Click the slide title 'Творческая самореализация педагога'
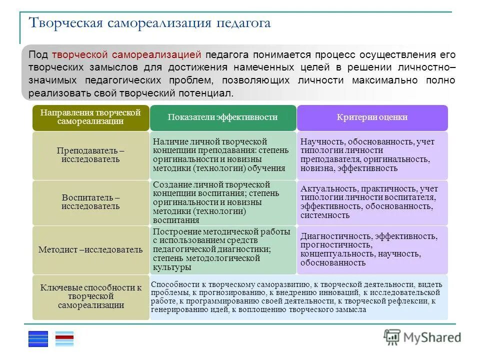(150, 23)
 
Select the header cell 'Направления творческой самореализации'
(90, 117)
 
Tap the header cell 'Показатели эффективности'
(222, 117)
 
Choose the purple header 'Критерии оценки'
(372, 117)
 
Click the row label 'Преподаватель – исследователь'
(90, 155)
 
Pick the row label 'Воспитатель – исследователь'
(90, 202)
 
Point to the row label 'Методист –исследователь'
(90, 249)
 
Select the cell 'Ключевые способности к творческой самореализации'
(90, 296)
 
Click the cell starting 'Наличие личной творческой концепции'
(222, 155)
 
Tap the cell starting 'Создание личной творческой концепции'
(222, 202)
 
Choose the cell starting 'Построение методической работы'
(222, 249)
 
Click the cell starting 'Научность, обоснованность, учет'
(372, 155)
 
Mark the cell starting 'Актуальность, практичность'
(372, 202)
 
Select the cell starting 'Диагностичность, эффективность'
(372, 249)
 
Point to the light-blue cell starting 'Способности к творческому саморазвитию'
(298, 296)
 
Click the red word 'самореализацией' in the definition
(157, 54)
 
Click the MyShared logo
(422, 337)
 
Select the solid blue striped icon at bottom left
(38, 339)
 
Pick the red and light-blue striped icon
(64, 339)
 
